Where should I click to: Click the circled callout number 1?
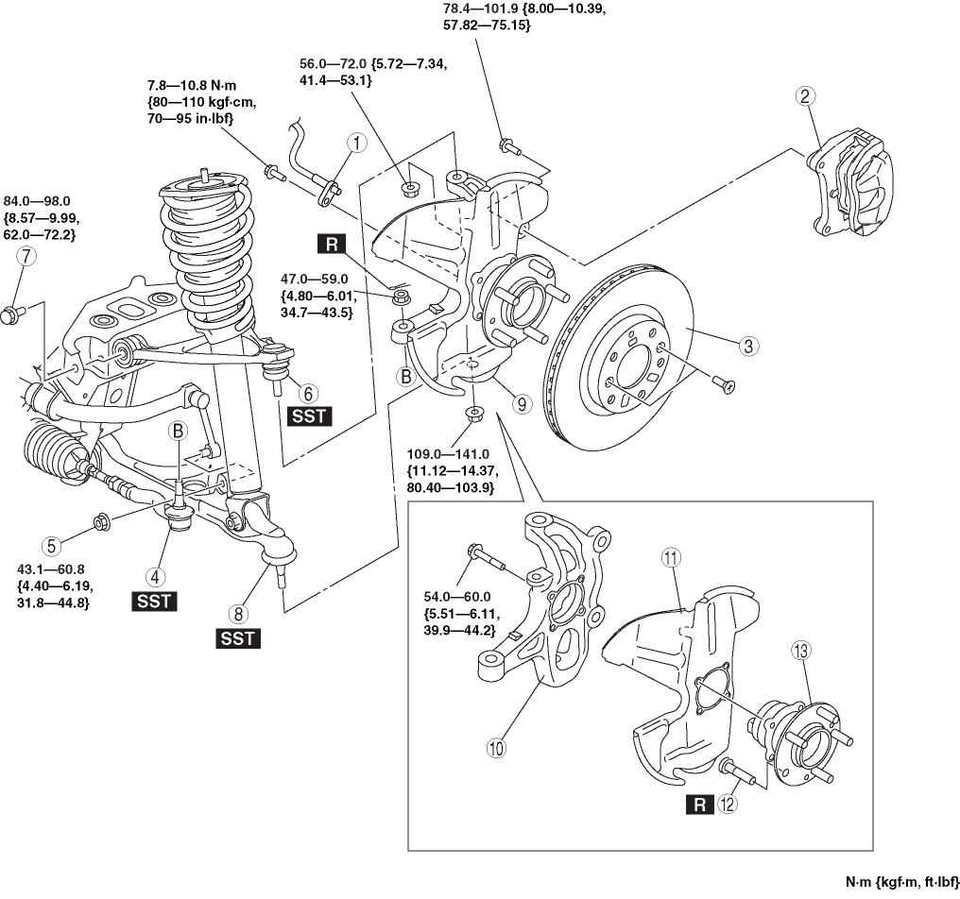355,144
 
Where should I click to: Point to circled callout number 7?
26,255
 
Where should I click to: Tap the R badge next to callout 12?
699,805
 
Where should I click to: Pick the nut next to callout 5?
101,521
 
